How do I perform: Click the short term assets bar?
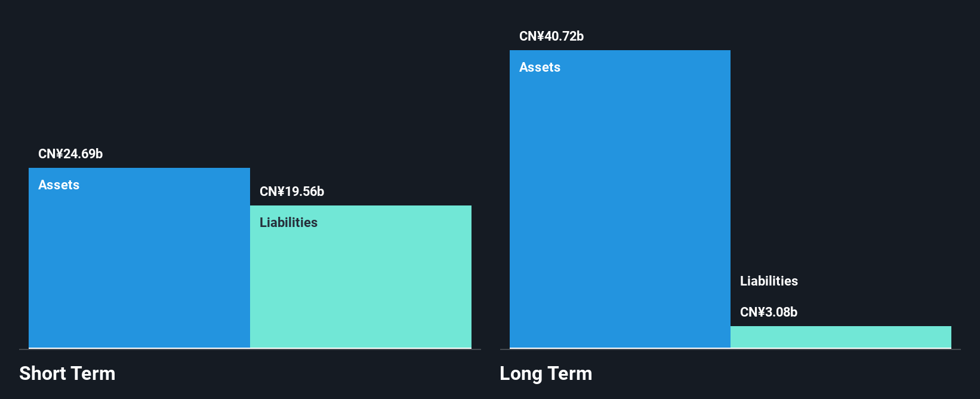coord(139,257)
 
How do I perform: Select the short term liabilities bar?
coord(361,277)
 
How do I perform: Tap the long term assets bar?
coord(620,199)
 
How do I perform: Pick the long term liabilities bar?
coord(841,337)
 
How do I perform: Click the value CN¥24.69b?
coord(70,154)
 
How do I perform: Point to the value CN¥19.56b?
coord(292,191)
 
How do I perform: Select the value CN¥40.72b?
coord(551,36)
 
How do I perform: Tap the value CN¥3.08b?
coord(769,312)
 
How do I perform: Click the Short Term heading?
coord(67,373)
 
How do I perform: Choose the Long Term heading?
coord(546,373)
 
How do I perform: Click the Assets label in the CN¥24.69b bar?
coord(58,185)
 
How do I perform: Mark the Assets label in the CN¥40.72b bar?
coord(540,67)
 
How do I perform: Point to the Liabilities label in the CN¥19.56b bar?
coord(288,222)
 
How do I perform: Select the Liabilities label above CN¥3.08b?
coord(769,281)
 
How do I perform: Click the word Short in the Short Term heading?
coord(42,373)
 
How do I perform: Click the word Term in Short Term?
coord(93,373)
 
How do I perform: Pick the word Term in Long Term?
coord(569,373)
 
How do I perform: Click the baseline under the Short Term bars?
coord(250,349)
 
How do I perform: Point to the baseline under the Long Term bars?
coord(731,349)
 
